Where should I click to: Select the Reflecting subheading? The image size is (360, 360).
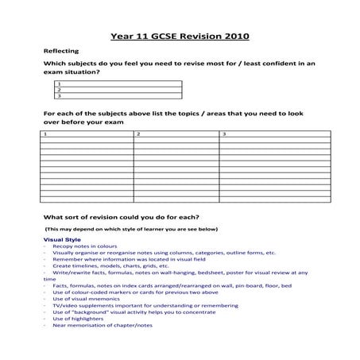(x=61, y=50)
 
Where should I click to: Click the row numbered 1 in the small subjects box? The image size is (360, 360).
(x=119, y=83)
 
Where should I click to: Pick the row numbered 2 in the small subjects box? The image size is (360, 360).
(x=119, y=90)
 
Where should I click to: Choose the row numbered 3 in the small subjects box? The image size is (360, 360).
(x=119, y=96)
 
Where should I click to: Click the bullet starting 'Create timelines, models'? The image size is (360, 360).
(x=111, y=266)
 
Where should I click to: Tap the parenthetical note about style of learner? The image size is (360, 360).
(x=131, y=230)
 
